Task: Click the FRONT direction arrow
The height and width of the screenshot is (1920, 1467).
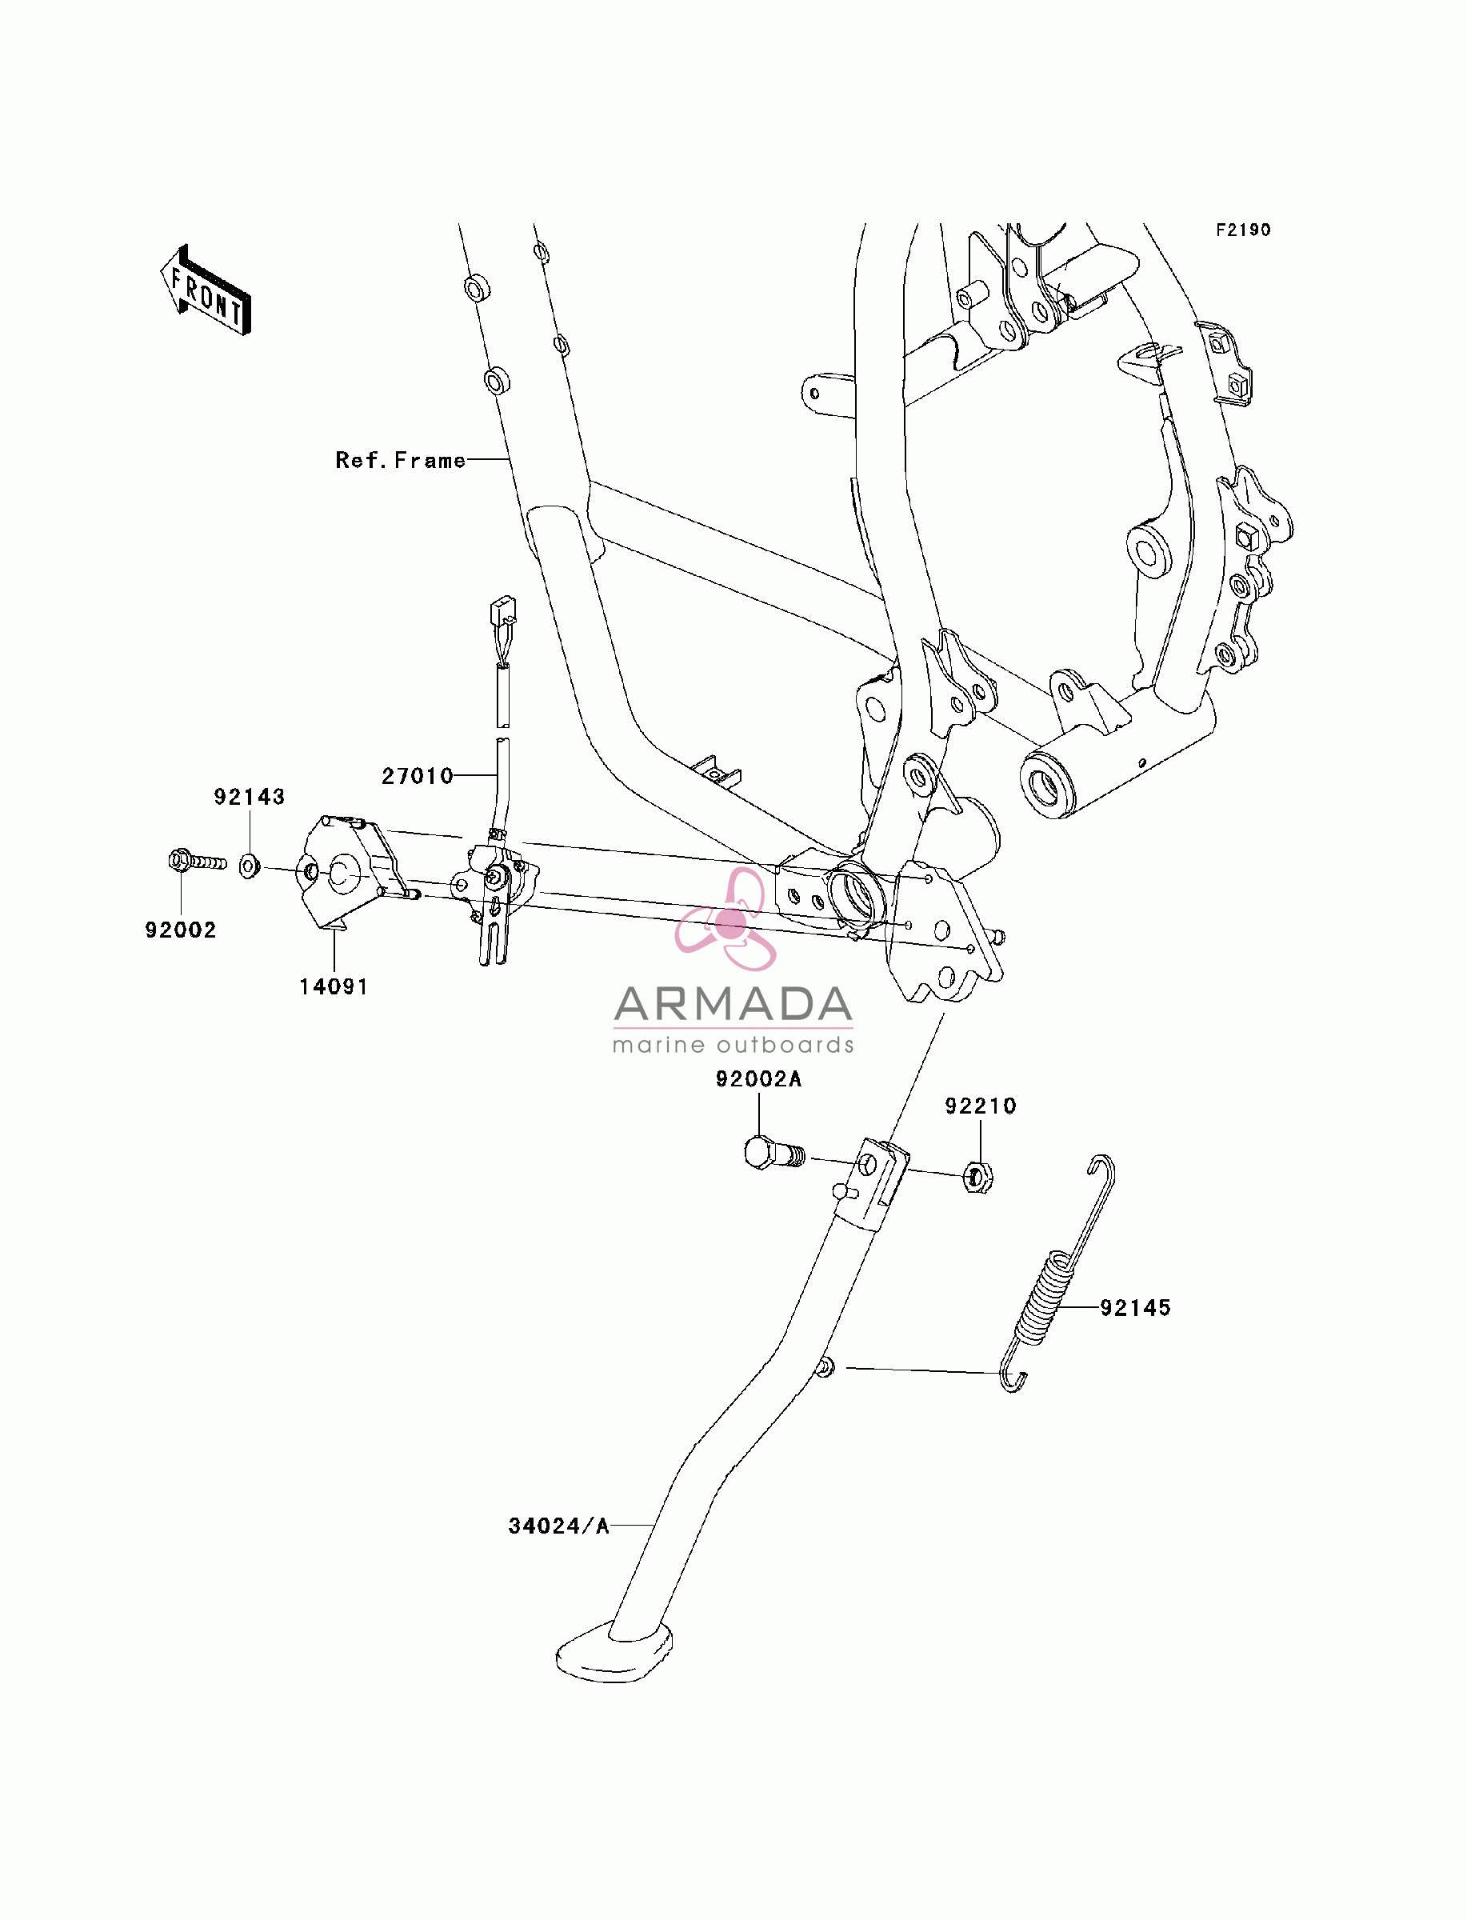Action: pyautogui.click(x=206, y=290)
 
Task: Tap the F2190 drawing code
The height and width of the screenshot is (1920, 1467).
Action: pyautogui.click(x=1244, y=230)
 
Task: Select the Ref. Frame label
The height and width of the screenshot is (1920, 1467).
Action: pyautogui.click(x=401, y=460)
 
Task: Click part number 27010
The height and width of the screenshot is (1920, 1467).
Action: pyautogui.click(x=418, y=775)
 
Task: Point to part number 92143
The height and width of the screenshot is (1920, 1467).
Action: pyautogui.click(x=250, y=796)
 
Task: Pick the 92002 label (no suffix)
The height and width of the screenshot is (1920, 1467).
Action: pyautogui.click(x=181, y=930)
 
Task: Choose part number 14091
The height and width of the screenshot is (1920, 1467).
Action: pyautogui.click(x=334, y=986)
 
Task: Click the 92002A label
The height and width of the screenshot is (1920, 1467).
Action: pyautogui.click(x=759, y=1079)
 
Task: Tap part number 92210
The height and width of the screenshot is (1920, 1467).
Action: pyautogui.click(x=981, y=1106)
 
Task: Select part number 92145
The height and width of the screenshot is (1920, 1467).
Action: pyautogui.click(x=1135, y=1308)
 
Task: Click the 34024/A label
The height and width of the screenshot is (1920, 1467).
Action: pyautogui.click(x=559, y=1526)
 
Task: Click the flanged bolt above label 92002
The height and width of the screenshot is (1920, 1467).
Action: pyautogui.click(x=197, y=862)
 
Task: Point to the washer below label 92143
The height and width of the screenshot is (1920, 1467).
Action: pyautogui.click(x=250, y=866)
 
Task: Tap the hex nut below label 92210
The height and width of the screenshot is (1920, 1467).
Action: pyautogui.click(x=978, y=1178)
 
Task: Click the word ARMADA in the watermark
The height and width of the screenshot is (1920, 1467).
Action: pyautogui.click(x=733, y=1004)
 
